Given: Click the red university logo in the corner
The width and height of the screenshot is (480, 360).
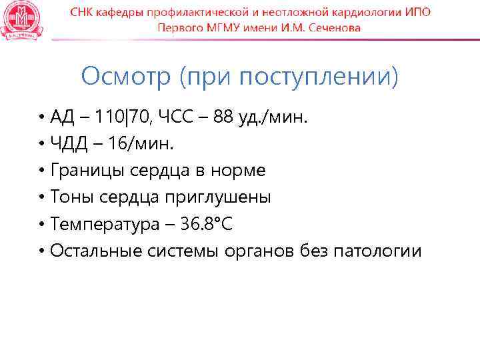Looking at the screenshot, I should point(20,20).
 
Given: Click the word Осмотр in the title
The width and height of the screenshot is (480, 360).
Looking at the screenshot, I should point(126,77).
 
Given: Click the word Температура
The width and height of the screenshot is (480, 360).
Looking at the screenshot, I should point(101,225).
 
